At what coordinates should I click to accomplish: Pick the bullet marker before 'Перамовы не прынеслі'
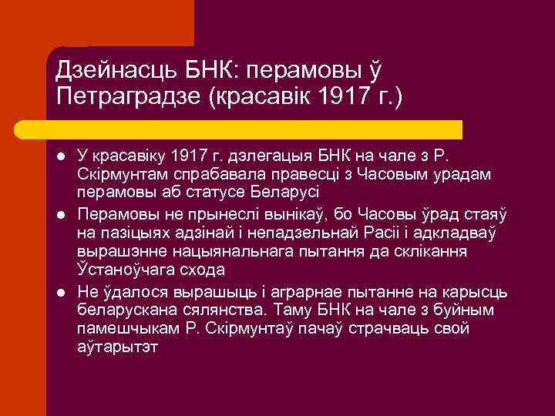[x=62, y=214]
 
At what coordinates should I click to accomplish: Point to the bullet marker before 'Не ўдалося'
[x=62, y=293]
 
